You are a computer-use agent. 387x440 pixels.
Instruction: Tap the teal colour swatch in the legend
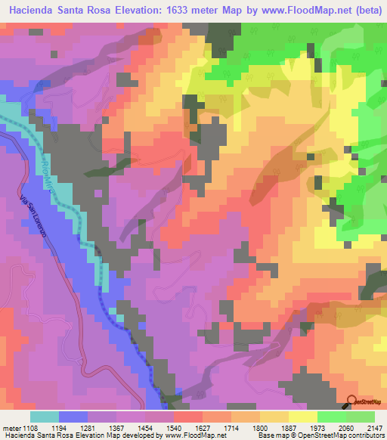coord(45,417)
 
